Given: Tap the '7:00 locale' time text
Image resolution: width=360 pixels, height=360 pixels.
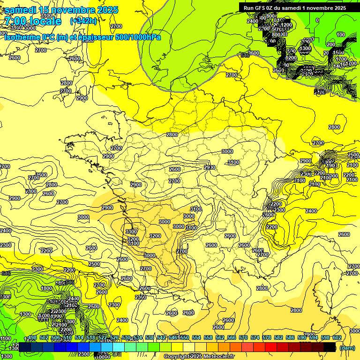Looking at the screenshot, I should tap(33, 21).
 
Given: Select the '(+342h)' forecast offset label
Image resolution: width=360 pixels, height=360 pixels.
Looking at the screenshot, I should tap(83, 21).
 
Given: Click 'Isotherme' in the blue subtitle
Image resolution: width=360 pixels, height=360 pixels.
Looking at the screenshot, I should tap(22, 37).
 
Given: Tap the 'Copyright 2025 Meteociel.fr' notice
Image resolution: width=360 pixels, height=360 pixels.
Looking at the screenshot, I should tap(199, 357).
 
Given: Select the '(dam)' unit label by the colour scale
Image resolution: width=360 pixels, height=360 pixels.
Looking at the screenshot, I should tap(347, 348).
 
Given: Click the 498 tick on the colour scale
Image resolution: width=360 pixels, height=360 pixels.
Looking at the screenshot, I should tap(32, 337).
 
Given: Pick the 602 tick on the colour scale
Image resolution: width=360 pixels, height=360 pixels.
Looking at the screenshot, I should tap(337, 337).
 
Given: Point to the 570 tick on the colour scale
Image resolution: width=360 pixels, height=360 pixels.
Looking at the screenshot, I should tap(243, 337).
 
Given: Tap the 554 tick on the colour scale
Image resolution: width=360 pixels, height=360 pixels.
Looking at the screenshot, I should tap(196, 337).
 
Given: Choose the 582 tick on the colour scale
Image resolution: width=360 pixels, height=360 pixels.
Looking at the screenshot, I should tap(278, 337).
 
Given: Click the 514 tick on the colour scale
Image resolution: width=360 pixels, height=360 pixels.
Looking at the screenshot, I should tap(79, 337).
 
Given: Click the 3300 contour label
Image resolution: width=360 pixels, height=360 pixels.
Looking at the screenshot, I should tap(131, 232).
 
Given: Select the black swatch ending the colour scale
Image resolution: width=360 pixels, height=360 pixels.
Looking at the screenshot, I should tap(330, 347).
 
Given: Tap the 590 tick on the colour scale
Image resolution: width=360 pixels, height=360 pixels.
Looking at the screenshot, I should tap(302, 337).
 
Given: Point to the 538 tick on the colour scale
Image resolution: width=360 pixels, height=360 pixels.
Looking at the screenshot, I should tap(150, 337).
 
